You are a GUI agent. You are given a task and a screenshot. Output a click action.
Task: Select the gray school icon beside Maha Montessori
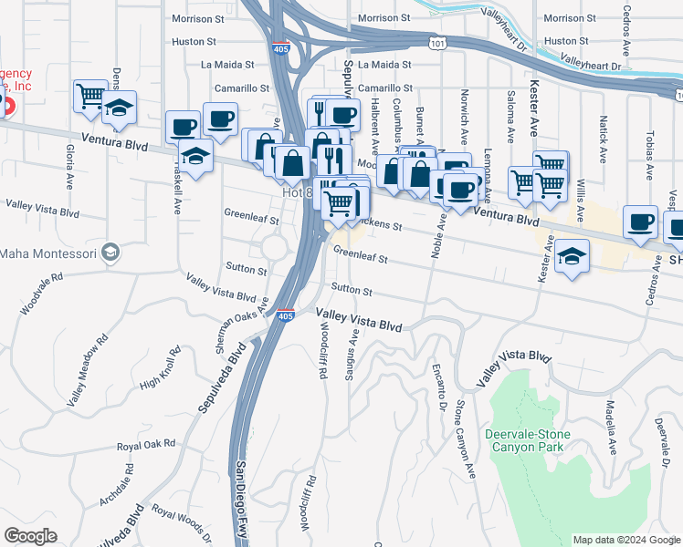110,252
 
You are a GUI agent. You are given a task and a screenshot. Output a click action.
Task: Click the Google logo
30,536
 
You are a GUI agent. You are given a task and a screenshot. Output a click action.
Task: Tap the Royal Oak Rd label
145,446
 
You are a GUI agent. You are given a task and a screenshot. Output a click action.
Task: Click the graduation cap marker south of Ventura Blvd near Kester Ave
571,258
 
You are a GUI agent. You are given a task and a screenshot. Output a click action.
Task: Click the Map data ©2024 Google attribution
626,540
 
